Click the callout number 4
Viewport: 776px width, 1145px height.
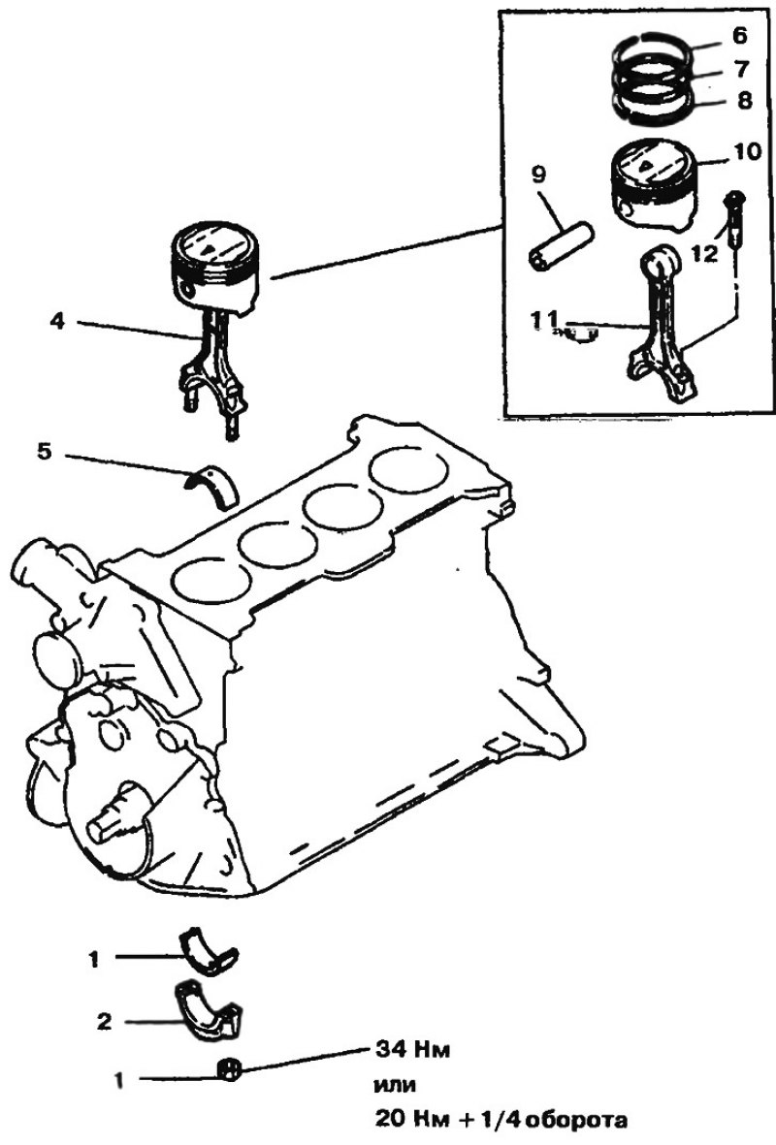58,320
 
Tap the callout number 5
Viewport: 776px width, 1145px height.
45,451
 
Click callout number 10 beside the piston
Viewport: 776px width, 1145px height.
748,152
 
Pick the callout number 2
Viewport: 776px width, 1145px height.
105,1021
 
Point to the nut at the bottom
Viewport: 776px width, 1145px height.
229,1070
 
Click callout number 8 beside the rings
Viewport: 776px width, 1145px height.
745,101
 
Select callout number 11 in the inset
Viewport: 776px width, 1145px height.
544,318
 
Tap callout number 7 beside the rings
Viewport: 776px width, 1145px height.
742,70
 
